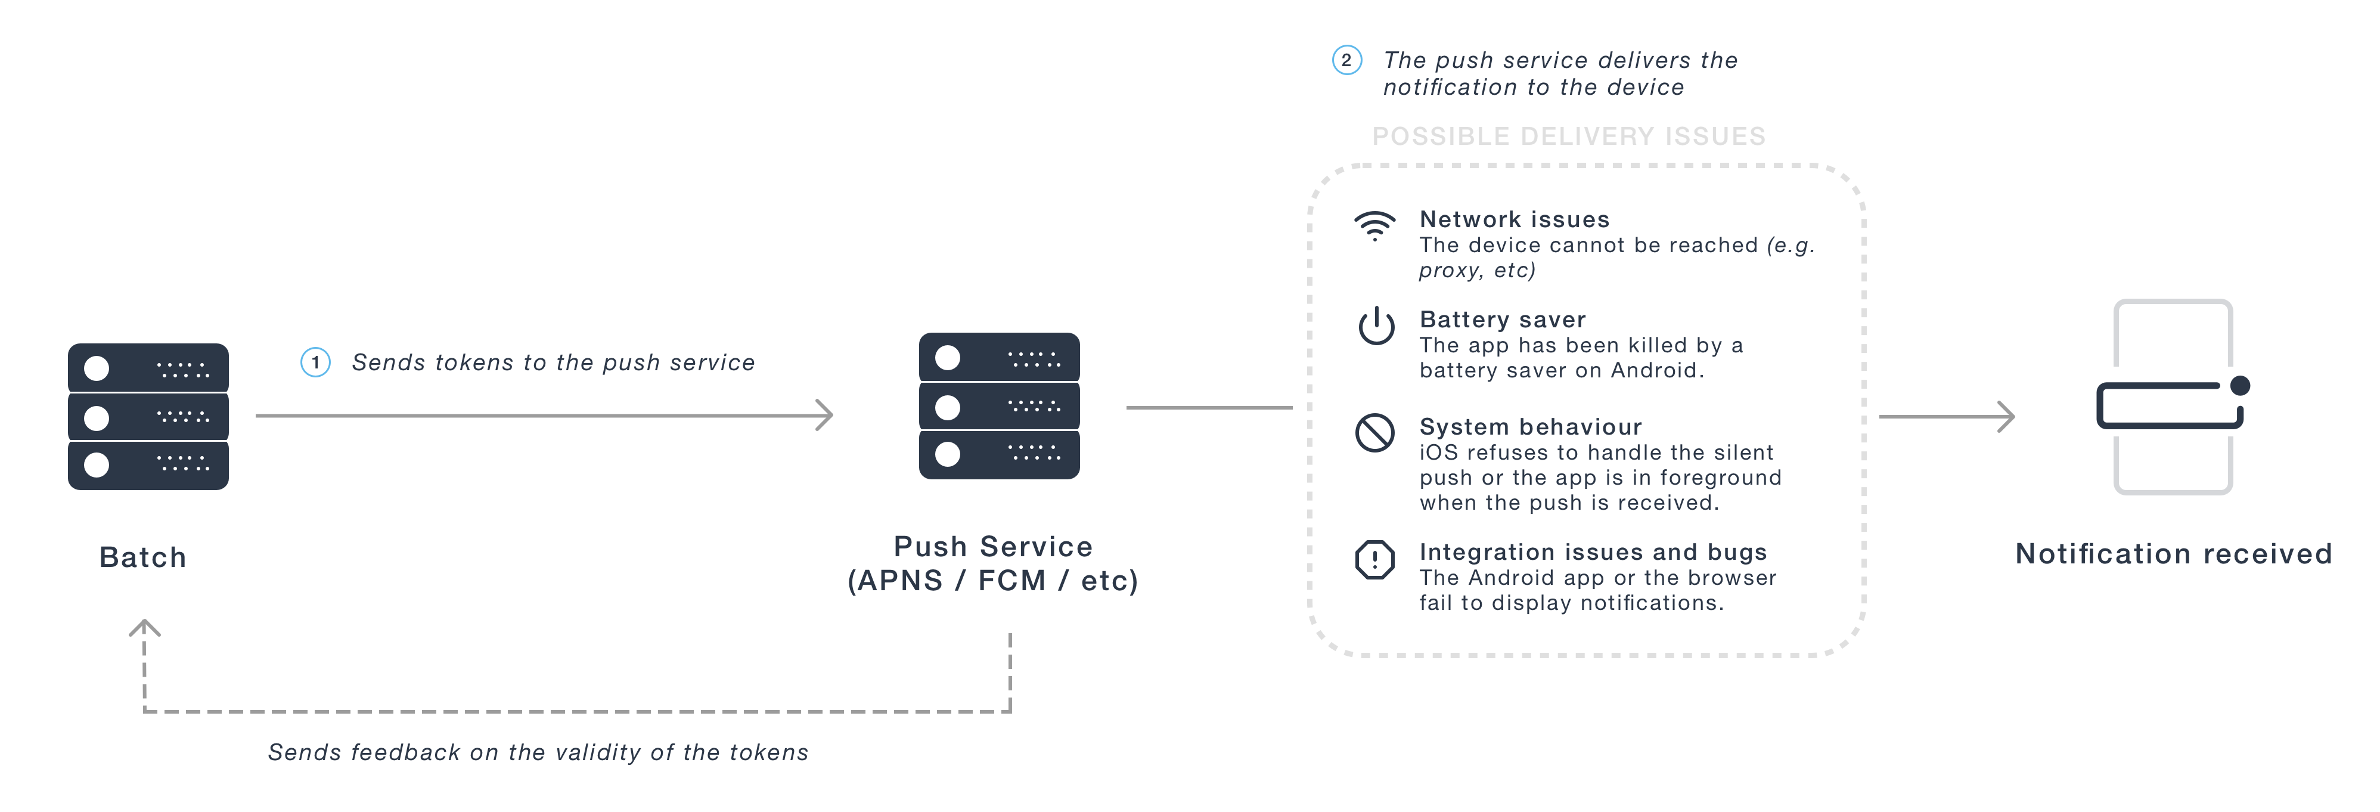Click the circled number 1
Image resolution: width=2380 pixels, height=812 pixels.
click(315, 362)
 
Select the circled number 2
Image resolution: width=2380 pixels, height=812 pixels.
click(1346, 60)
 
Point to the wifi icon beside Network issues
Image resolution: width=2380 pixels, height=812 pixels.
click(1375, 225)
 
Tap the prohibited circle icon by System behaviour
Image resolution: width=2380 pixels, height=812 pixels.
click(1375, 432)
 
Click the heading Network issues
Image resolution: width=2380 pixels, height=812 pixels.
click(1515, 219)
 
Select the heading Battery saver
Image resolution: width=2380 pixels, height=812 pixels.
click(1502, 320)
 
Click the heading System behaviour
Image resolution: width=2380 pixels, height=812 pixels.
click(1530, 427)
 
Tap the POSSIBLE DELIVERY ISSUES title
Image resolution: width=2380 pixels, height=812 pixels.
click(1568, 137)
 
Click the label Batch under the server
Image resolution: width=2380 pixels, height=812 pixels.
click(143, 557)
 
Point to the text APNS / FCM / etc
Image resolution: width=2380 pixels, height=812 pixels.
click(993, 580)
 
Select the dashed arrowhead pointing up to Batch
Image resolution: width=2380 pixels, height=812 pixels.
click(144, 628)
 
